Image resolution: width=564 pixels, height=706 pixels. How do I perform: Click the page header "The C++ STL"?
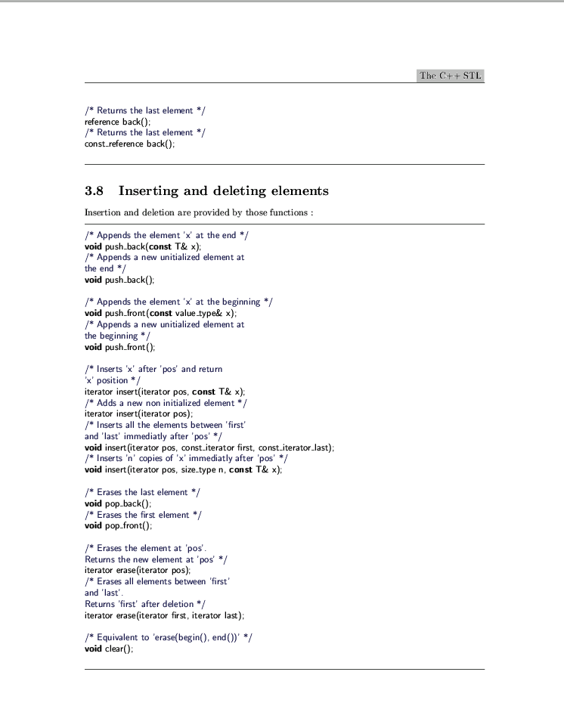pyautogui.click(x=450, y=76)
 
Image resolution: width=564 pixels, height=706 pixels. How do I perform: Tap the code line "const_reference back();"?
pyautogui.click(x=129, y=144)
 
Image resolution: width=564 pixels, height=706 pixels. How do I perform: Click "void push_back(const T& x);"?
pyautogui.click(x=143, y=246)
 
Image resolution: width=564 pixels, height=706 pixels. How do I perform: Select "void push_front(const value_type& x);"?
pyautogui.click(x=160, y=313)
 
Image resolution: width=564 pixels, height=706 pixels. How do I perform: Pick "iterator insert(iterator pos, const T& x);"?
pyautogui.click(x=165, y=392)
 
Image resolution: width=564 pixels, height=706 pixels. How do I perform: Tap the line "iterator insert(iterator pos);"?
pyautogui.click(x=138, y=413)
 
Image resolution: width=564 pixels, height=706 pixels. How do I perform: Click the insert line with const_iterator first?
pyautogui.click(x=209, y=447)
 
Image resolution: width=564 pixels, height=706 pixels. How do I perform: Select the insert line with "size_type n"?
pyautogui.click(x=183, y=469)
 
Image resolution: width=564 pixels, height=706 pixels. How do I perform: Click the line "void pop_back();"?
pyautogui.click(x=118, y=503)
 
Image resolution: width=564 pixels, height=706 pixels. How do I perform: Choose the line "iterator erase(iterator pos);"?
pyautogui.click(x=137, y=571)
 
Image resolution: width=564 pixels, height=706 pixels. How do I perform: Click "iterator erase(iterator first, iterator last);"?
pyautogui.click(x=165, y=615)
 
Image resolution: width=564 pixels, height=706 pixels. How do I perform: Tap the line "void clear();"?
pyautogui.click(x=109, y=649)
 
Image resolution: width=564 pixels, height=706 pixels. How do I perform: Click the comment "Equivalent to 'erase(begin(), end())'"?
pyautogui.click(x=169, y=638)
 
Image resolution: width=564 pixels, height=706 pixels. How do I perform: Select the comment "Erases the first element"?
pyautogui.click(x=144, y=515)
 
